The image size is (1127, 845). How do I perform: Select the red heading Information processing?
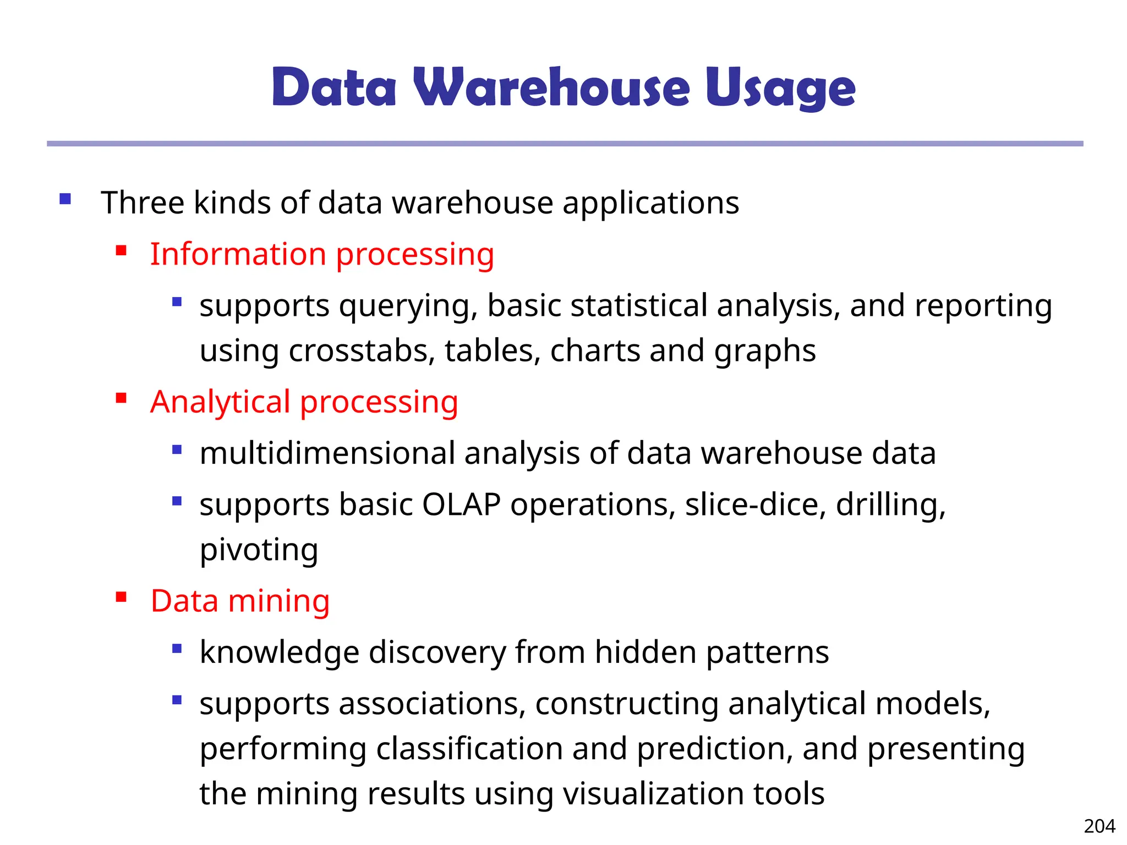[322, 254]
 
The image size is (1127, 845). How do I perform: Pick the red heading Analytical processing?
[304, 402]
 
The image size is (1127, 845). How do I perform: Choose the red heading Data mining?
[240, 601]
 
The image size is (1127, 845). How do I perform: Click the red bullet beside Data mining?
[122, 597]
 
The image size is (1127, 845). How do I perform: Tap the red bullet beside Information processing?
[122, 251]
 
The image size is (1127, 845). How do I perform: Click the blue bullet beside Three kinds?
[65, 199]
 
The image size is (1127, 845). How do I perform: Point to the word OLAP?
[461, 504]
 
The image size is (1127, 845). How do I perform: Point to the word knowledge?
[279, 653]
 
